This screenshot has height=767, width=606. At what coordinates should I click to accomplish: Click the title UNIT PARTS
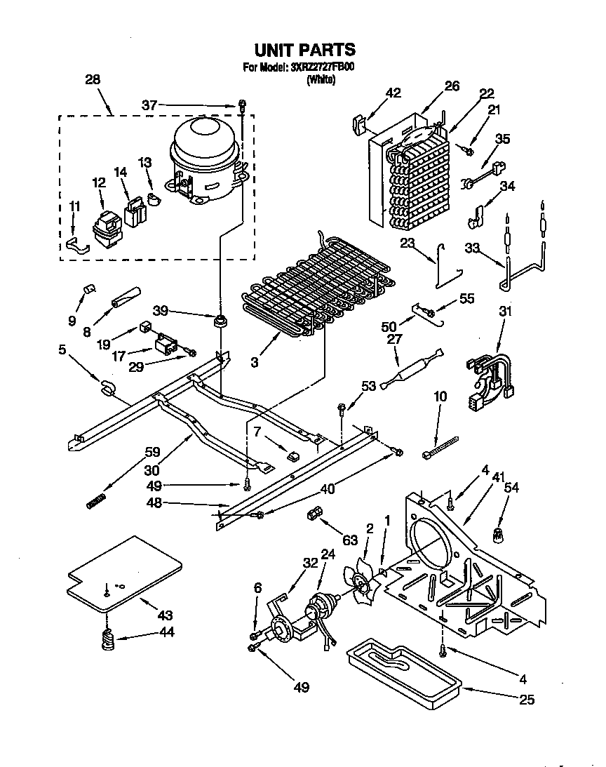(304, 50)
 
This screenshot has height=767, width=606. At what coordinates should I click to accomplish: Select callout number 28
(92, 80)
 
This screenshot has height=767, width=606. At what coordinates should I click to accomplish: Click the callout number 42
(393, 93)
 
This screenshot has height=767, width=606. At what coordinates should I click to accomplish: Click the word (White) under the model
(321, 79)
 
